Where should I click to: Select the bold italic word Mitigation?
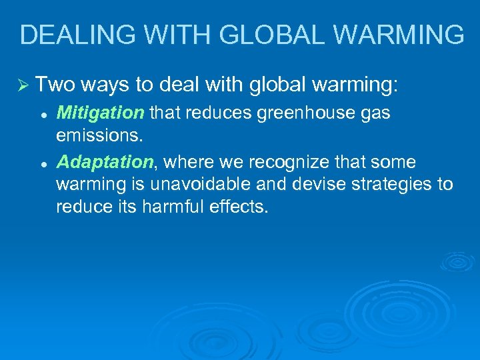(x=100, y=113)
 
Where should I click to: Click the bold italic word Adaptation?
(x=105, y=162)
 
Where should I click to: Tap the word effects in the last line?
(x=242, y=207)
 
